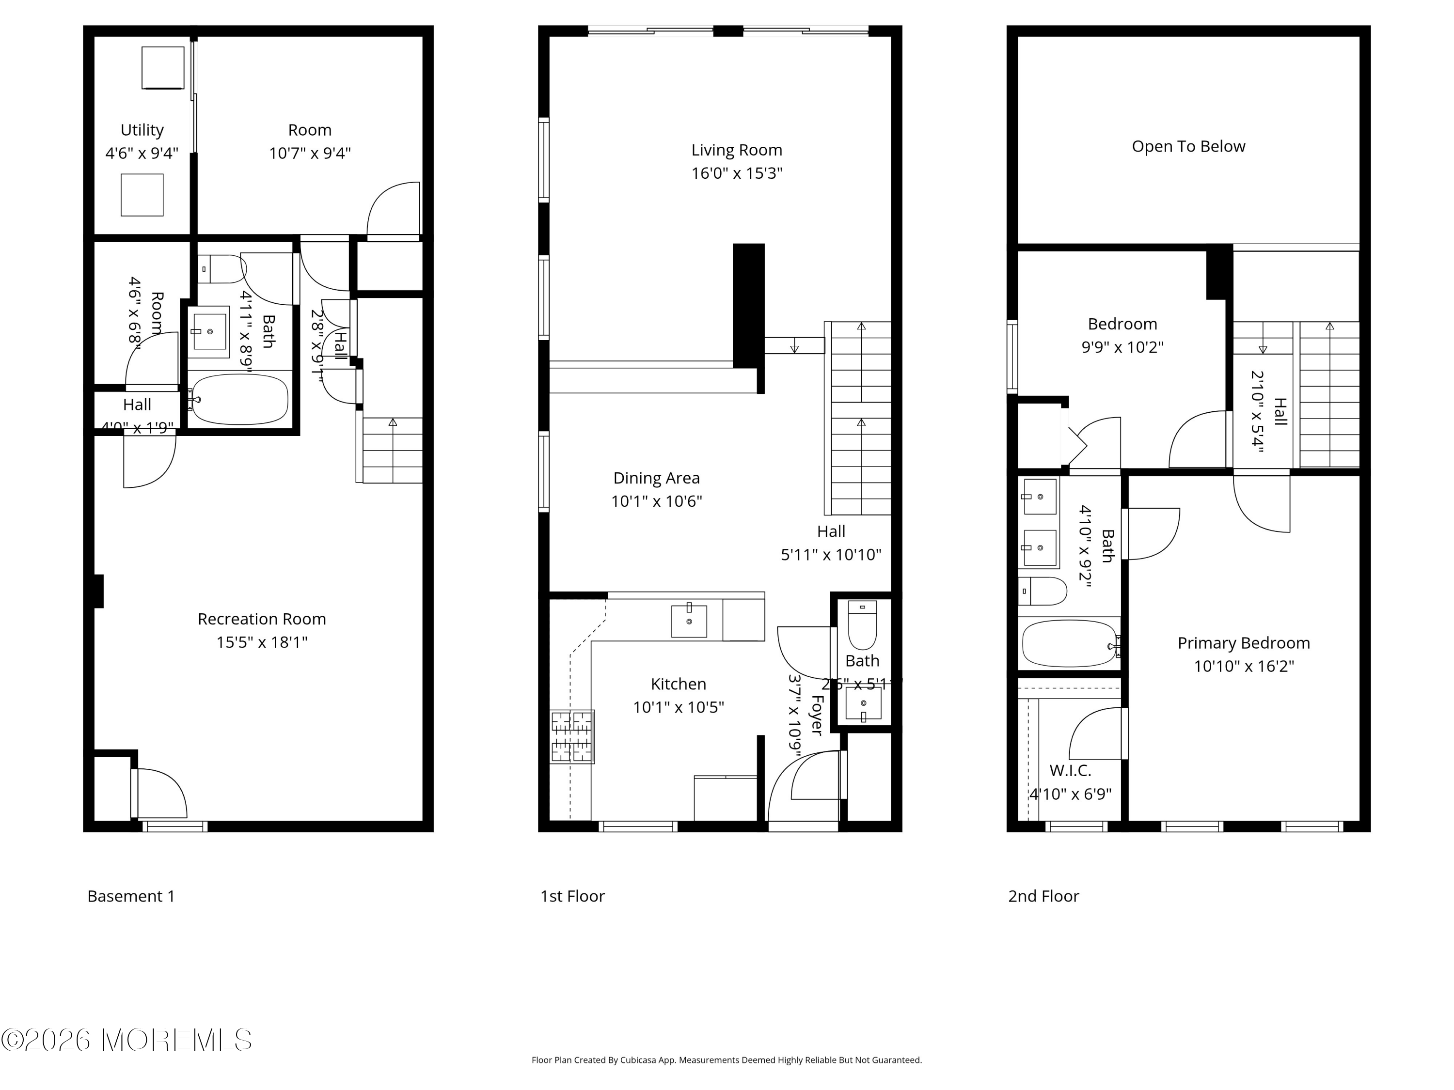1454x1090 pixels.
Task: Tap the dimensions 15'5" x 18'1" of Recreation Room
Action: (262, 642)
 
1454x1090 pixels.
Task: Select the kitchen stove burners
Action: (572, 736)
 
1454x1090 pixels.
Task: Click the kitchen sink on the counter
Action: (689, 621)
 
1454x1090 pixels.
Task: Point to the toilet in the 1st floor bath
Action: (862, 625)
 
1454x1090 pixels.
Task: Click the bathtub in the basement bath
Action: (240, 400)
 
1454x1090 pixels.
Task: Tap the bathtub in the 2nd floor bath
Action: (1069, 643)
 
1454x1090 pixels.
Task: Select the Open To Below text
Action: (1188, 146)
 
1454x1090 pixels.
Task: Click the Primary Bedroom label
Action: (1243, 643)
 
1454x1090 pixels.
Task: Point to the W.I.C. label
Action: (1070, 770)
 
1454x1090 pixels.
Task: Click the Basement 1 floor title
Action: (131, 896)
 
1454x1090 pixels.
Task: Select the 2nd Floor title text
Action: (1043, 896)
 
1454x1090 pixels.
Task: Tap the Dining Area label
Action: (656, 478)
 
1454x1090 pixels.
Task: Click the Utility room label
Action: (142, 130)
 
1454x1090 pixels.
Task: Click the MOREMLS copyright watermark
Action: (126, 1040)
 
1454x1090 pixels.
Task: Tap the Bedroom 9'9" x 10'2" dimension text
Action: (1122, 347)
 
